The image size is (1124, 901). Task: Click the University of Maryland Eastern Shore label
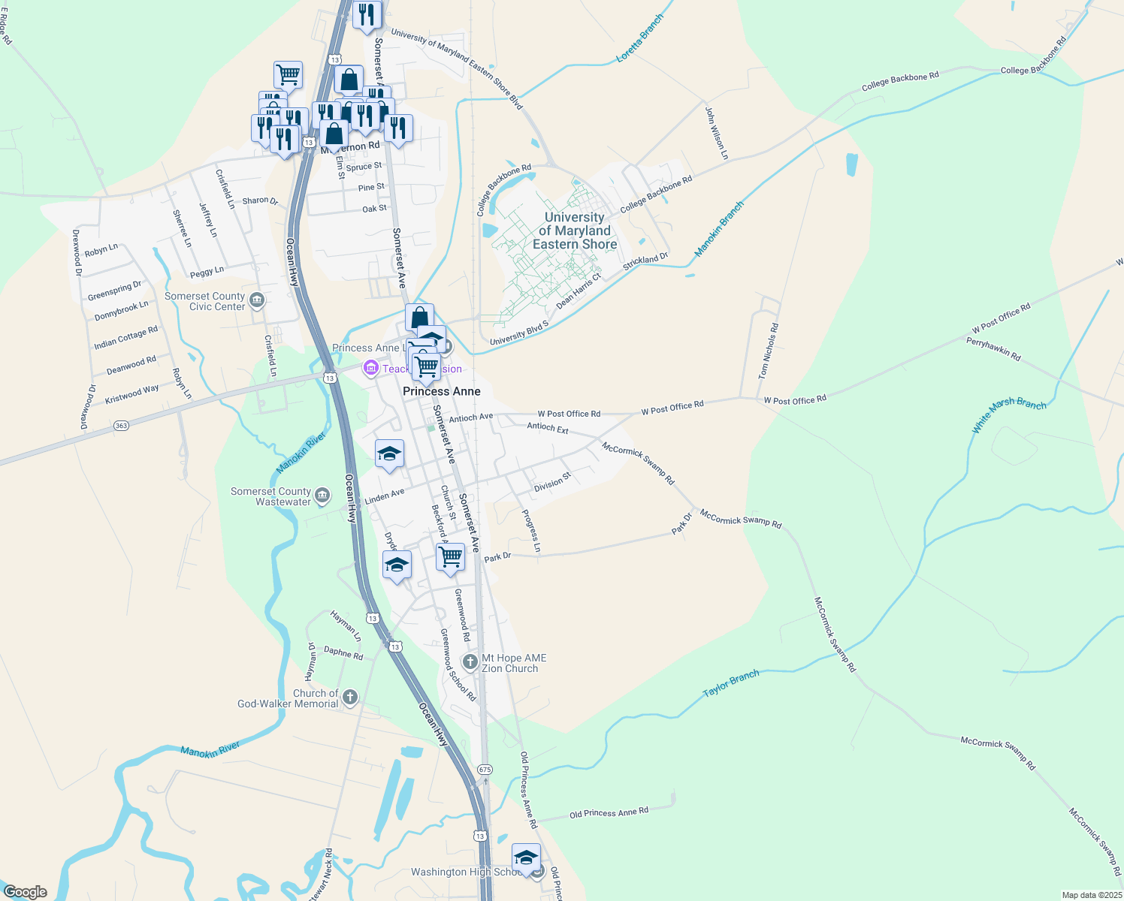(x=575, y=231)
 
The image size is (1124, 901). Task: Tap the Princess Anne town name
(x=442, y=391)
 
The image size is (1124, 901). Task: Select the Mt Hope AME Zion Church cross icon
(x=470, y=662)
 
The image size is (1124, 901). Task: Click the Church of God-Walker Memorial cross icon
(x=349, y=698)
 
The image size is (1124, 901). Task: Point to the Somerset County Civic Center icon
(x=257, y=301)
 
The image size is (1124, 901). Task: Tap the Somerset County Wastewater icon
(x=322, y=496)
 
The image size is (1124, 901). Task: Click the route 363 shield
(x=121, y=426)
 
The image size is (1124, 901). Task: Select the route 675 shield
(x=485, y=770)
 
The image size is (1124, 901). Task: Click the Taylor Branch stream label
(x=730, y=683)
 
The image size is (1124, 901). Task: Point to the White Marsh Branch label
(x=1008, y=414)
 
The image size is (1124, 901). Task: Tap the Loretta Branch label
(x=639, y=38)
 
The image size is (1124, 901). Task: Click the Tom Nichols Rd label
(x=768, y=351)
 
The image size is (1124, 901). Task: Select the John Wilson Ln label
(x=716, y=133)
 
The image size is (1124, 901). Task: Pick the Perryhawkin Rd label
(x=993, y=349)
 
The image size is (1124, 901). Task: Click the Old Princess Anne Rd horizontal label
(x=609, y=812)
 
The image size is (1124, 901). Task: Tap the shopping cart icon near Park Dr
(x=450, y=557)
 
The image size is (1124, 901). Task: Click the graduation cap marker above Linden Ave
(x=389, y=454)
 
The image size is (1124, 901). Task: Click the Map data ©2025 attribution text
(x=1090, y=895)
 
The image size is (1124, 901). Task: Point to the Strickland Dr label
(x=645, y=262)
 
